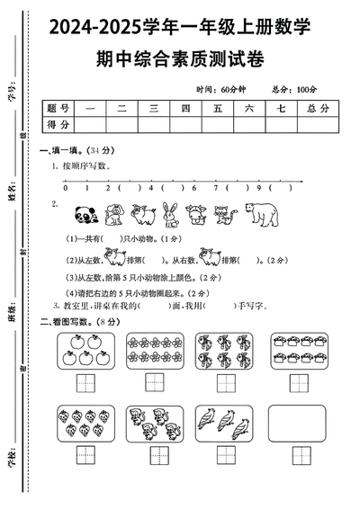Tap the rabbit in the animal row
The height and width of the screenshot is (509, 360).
pyautogui.click(x=169, y=214)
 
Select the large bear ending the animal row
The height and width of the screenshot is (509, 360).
pyautogui.click(x=262, y=214)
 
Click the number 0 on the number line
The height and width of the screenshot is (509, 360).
pyautogui.click(x=64, y=189)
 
